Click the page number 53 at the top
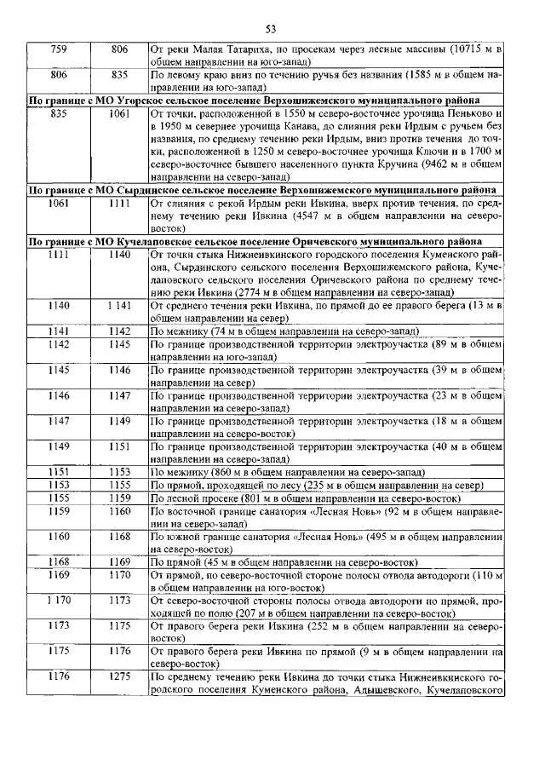click(272, 28)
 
